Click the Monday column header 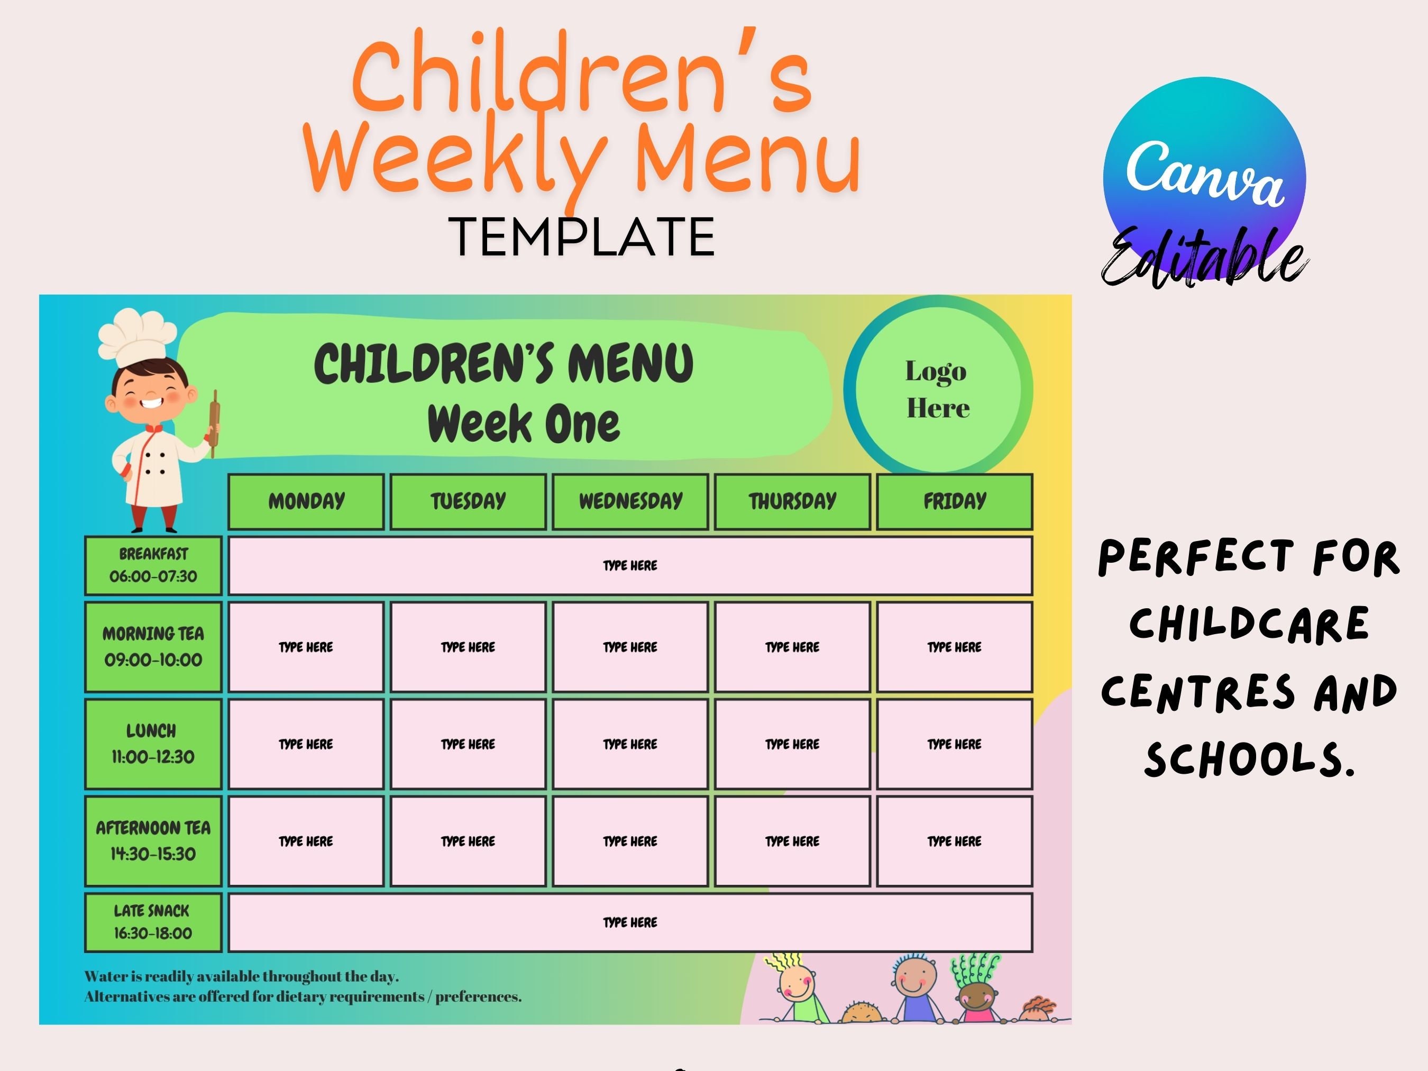(x=306, y=501)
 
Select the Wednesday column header (x=630, y=501)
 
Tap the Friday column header (x=954, y=501)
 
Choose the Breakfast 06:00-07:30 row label (x=153, y=565)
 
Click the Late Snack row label (x=153, y=922)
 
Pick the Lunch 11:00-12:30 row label (x=153, y=744)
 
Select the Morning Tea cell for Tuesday (x=468, y=647)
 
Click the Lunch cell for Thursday (x=792, y=744)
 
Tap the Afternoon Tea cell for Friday (x=954, y=841)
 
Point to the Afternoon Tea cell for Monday (x=306, y=841)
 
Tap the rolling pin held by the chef (x=214, y=423)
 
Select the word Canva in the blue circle (x=1205, y=173)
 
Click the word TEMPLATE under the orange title (x=582, y=237)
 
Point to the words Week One (x=524, y=424)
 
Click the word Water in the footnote (x=105, y=976)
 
